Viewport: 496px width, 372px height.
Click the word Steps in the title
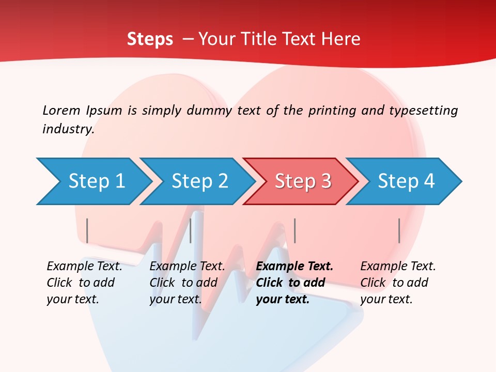(x=150, y=39)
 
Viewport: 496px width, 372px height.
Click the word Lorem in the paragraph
(x=61, y=111)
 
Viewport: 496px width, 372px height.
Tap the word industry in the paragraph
(x=68, y=129)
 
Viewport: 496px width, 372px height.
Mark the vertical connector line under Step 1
(x=87, y=230)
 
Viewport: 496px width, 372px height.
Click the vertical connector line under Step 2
(x=191, y=230)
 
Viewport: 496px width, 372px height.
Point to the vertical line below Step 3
(x=295, y=230)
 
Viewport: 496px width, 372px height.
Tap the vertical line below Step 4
(x=399, y=230)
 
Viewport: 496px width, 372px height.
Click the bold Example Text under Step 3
(x=295, y=267)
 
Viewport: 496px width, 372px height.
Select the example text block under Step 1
(x=84, y=283)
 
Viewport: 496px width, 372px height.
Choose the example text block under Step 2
(x=187, y=283)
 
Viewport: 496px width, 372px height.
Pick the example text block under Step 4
(x=398, y=283)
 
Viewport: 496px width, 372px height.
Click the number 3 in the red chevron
(x=325, y=181)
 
